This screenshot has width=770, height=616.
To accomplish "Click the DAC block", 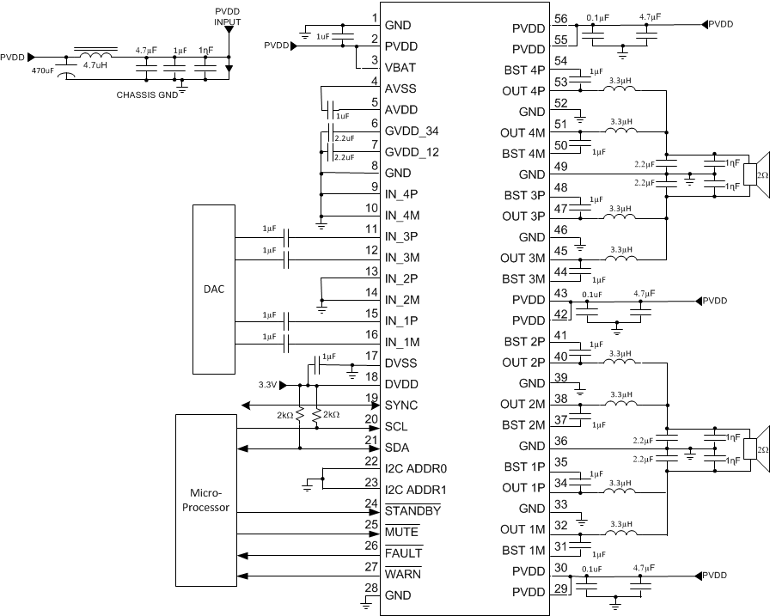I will point(214,290).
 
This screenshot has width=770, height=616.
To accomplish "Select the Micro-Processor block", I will point(205,501).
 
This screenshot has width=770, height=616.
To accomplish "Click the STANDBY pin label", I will point(413,510).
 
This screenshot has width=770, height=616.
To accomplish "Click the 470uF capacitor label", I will point(44,71).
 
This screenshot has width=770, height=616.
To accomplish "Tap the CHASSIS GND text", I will point(146,95).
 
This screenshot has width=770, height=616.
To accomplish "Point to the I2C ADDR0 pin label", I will point(421,468).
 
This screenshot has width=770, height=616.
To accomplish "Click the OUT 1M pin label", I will point(522,530).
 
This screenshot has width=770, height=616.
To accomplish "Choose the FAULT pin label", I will point(404,552).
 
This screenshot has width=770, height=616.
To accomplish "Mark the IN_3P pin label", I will point(402,236).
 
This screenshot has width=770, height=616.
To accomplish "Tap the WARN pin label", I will point(403,573).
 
